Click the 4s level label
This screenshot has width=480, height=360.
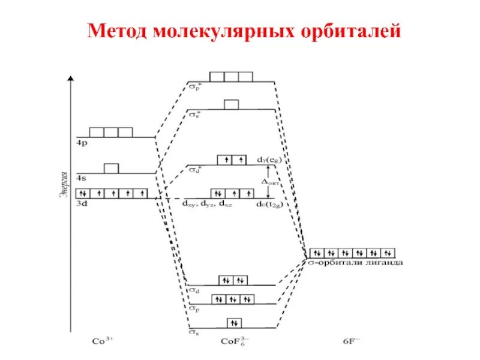point(81,179)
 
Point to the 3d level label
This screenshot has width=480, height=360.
point(82,204)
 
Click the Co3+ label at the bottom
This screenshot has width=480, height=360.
point(103,340)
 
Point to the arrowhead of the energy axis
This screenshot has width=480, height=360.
point(71,79)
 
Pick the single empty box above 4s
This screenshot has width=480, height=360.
point(111,169)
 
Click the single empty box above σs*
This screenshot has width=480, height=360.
point(231,104)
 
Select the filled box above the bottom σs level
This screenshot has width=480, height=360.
point(234,323)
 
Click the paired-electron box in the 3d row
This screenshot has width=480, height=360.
point(83,193)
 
